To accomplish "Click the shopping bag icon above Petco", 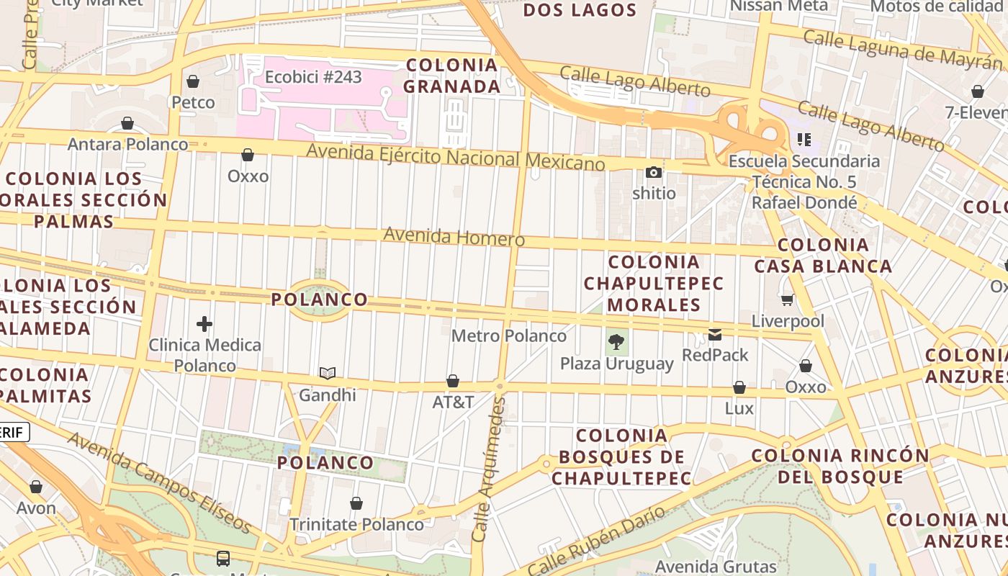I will pos(192,81).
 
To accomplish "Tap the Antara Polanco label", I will pos(127,144).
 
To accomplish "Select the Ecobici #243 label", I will pos(313,77).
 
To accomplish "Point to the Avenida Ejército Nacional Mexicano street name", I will pos(455,157).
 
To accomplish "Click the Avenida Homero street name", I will pos(454,236).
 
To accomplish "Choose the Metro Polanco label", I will pos(508,336).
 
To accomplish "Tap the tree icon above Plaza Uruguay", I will pos(616,342).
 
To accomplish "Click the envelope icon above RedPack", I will pos(715,335).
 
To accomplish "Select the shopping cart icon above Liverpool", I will pos(788,300).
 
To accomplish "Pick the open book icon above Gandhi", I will pos(328,373).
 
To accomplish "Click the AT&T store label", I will pos(453,402).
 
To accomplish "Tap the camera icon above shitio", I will pos(654,172).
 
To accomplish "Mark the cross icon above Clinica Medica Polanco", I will pos(204,324).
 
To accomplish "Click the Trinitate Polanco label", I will pos(356,524).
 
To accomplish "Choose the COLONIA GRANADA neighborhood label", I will pos(451,76).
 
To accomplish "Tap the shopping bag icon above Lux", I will pos(739,388).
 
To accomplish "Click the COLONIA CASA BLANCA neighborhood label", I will pos(823,256).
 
